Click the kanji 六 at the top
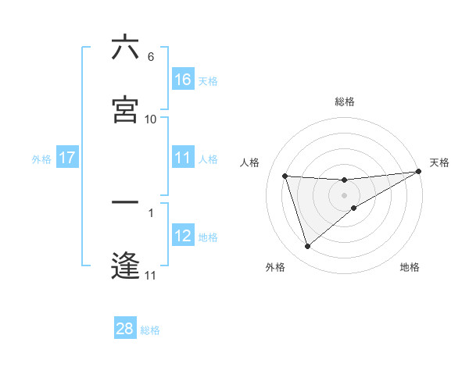pos(125,48)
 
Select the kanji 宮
pos(125,109)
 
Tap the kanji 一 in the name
pos(125,203)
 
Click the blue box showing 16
pos(183,79)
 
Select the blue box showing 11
pos(183,158)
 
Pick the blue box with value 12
pos(183,236)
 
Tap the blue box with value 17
pos(67,158)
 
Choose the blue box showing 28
pos(125,329)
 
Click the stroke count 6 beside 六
pos(151,58)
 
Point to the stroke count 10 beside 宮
pos(151,119)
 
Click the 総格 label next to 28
pos(150,330)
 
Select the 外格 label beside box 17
pos(41,159)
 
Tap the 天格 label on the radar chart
pos(439,162)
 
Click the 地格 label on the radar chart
pos(410,267)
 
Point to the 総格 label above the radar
pos(345,102)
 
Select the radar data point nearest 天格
pos(419,172)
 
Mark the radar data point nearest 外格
pos(307,247)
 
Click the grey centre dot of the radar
pos(345,195)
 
